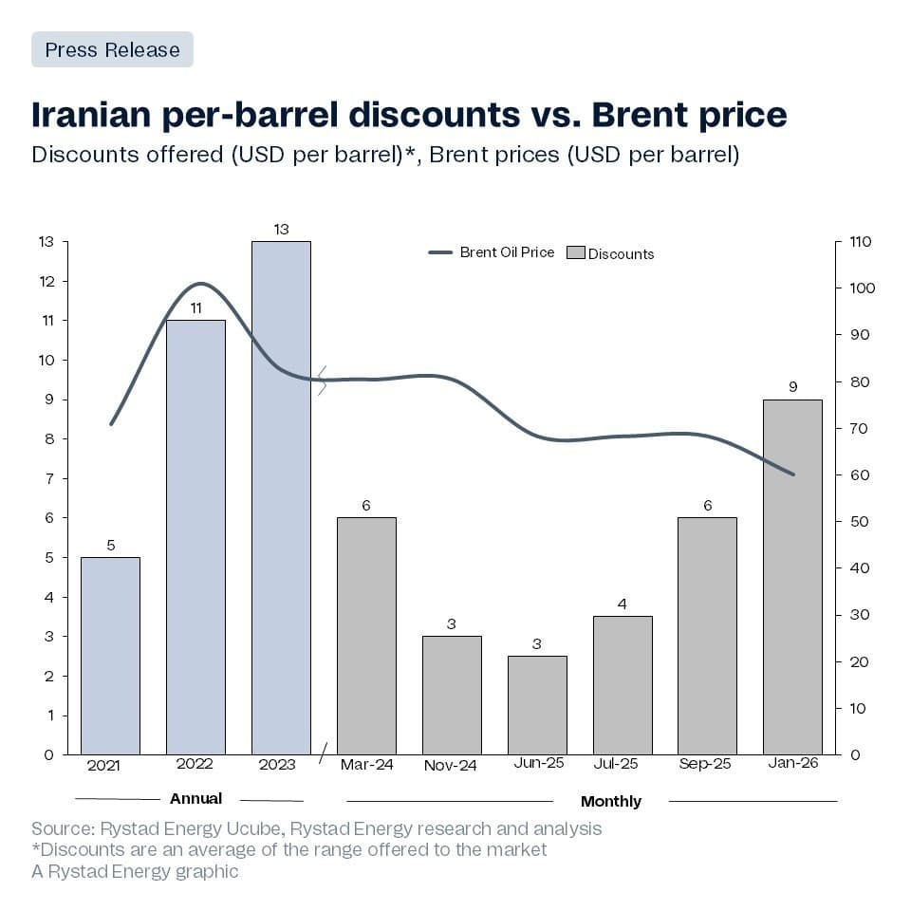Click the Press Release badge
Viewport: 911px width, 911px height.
coord(112,49)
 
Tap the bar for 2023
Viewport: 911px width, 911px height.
coord(281,497)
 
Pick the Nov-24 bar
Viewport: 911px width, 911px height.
coord(452,695)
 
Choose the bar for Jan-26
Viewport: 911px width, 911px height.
coord(792,576)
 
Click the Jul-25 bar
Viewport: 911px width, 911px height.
coord(623,684)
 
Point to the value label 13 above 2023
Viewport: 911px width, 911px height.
coord(281,229)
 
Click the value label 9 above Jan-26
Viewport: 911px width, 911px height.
coord(792,387)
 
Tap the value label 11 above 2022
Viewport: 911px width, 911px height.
coord(195,307)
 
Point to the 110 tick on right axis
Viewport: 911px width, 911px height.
coord(861,242)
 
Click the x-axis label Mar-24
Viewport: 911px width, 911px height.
coord(365,764)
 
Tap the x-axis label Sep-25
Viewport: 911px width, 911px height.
coord(705,764)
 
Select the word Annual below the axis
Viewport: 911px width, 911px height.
coord(195,798)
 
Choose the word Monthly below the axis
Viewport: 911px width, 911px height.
coord(610,801)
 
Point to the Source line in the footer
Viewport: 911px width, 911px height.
coord(316,828)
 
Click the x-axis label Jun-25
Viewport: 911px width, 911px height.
coord(536,764)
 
